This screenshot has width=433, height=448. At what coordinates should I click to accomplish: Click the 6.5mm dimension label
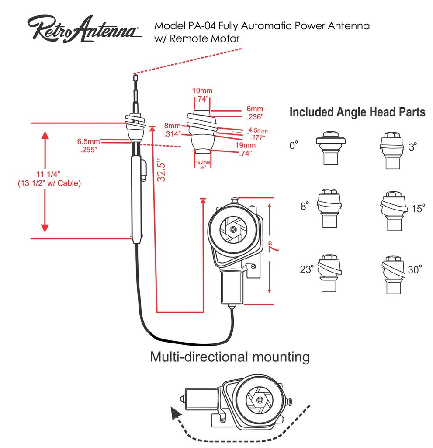tap(88, 142)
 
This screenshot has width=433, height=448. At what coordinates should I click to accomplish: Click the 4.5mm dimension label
tap(258, 130)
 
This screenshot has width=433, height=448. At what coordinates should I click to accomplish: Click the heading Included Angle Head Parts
tap(357, 112)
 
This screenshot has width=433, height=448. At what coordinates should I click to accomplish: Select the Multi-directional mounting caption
tap(229, 357)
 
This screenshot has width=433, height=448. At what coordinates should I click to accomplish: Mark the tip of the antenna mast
tap(135, 76)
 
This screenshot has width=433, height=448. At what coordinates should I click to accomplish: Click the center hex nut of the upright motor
tap(234, 228)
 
